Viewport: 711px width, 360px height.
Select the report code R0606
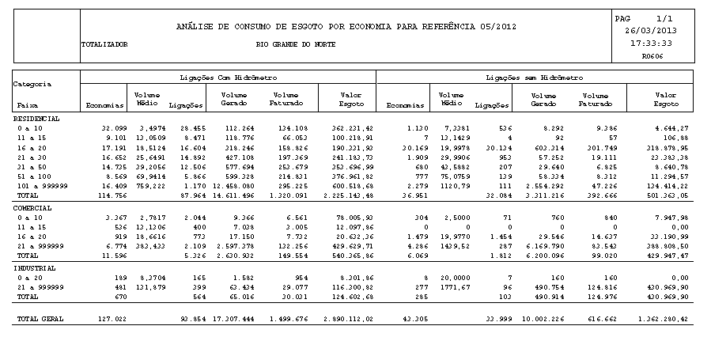652,56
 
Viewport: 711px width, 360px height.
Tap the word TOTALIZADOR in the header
104,45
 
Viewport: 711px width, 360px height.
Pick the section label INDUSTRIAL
34,268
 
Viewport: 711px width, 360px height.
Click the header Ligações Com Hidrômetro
228,78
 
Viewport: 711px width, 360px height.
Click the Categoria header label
33,83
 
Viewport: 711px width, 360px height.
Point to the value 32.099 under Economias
115,127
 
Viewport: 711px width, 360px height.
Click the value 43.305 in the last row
410,319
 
